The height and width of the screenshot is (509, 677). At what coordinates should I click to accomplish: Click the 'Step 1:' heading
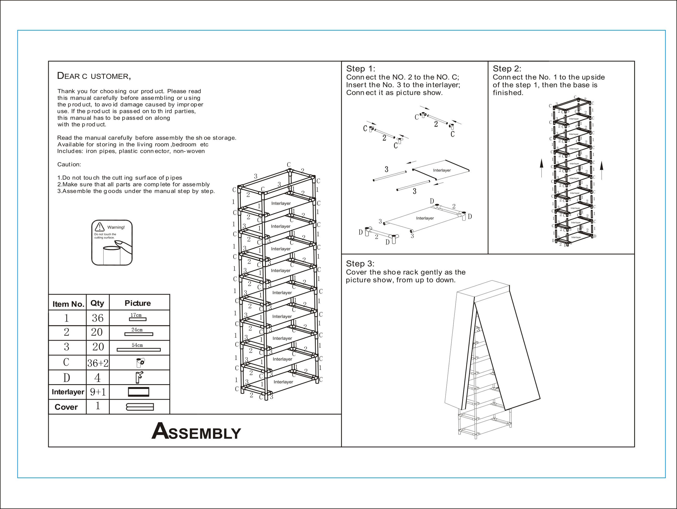(x=360, y=69)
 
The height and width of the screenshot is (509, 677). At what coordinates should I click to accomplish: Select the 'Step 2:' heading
(x=507, y=69)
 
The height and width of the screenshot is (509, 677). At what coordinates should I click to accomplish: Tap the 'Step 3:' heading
(x=360, y=264)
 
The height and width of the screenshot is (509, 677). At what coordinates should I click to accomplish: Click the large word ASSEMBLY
(x=196, y=431)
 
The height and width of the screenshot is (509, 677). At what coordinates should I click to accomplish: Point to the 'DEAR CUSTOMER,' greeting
(x=94, y=76)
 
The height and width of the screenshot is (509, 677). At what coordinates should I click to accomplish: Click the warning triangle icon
(x=100, y=227)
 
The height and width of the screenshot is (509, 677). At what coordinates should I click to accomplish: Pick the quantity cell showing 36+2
(x=98, y=363)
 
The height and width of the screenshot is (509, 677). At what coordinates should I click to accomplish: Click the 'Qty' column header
(x=97, y=303)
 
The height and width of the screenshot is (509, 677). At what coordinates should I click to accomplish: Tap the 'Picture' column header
(x=138, y=303)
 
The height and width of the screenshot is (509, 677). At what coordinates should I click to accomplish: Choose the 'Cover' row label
(x=66, y=407)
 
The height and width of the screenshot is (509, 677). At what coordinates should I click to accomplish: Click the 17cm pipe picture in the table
(x=138, y=319)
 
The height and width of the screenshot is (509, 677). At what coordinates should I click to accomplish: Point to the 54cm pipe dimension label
(x=137, y=345)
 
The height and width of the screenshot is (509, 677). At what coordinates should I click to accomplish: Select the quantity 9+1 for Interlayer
(x=98, y=392)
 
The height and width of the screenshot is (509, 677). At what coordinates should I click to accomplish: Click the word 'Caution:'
(x=69, y=164)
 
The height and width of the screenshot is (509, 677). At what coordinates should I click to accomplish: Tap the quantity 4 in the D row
(x=97, y=378)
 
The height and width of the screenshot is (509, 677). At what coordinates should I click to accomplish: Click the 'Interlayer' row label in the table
(x=68, y=392)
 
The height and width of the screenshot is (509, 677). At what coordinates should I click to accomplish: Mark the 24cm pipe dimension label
(x=137, y=330)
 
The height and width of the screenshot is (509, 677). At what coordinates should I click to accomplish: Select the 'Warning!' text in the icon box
(x=116, y=227)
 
